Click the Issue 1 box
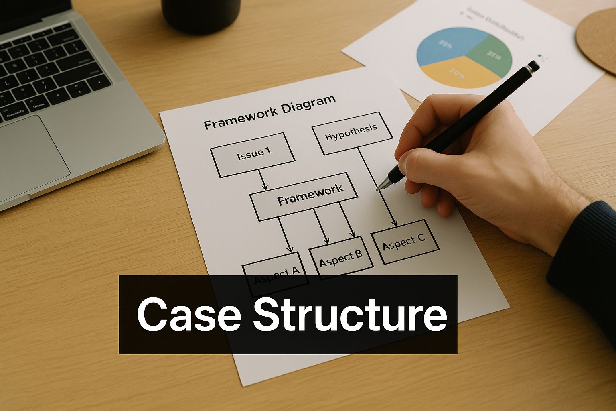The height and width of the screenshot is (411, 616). pos(253,155)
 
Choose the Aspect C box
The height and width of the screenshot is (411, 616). pos(404,241)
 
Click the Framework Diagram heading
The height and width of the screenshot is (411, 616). pos(269,112)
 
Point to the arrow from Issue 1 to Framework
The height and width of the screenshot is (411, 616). pos(262,179)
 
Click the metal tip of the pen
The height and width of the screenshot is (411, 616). pos(382,184)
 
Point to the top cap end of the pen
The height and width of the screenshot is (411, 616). pos(533,66)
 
